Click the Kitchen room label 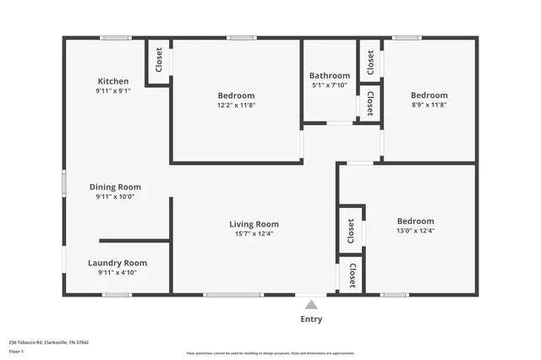112,81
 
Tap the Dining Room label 115,187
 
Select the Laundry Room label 117,263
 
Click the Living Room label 254,224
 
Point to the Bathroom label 330,75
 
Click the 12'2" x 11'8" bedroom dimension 236,106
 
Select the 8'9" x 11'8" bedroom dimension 429,106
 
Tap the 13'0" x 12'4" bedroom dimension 415,231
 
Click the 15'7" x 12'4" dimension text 254,234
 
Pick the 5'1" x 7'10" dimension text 330,85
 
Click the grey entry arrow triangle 311,305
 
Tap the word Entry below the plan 311,319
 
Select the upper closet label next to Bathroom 370,61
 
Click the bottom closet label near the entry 352,275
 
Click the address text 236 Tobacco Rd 49,342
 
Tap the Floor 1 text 16,351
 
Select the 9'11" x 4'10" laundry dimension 117,273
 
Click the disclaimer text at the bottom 270,353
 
